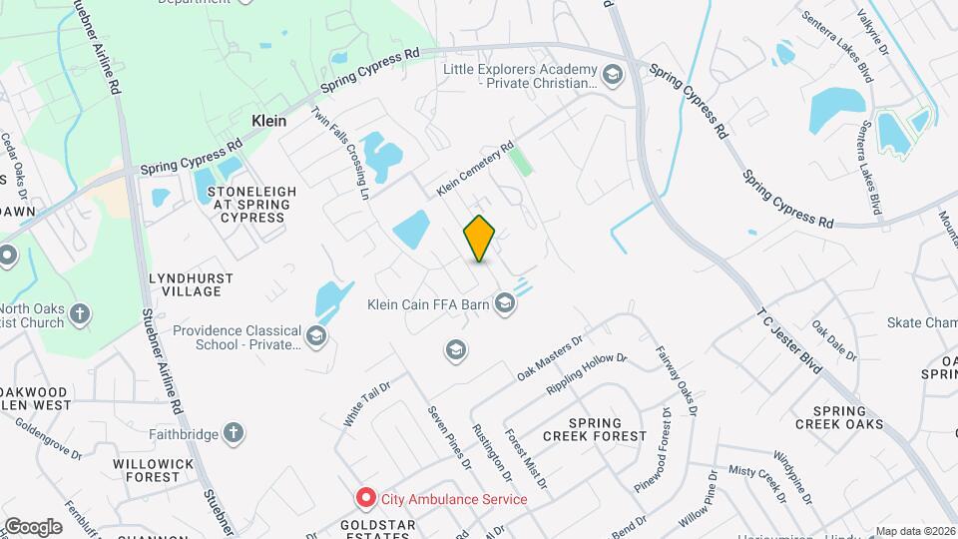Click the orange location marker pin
[480, 238]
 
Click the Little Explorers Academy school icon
[611, 73]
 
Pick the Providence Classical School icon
[317, 335]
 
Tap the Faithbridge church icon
[233, 432]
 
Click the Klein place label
[268, 121]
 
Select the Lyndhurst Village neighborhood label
[191, 284]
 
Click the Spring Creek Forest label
[595, 429]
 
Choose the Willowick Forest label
[146, 471]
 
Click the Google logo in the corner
[33, 526]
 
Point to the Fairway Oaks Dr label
[676, 380]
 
